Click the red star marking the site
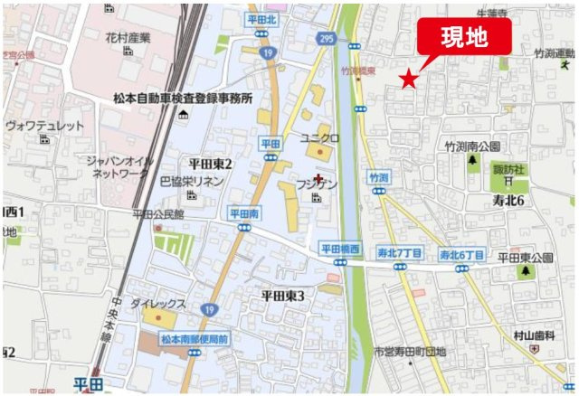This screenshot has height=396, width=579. coord(410,80)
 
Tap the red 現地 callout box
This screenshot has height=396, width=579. coord(463,37)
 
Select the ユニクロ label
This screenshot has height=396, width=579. coord(319,137)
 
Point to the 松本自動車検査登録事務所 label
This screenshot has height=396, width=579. coord(183,98)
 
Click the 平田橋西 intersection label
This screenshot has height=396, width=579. coord(340,248)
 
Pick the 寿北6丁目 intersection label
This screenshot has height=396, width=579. coord(461,254)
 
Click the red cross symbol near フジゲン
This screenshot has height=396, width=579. coord(318,178)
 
